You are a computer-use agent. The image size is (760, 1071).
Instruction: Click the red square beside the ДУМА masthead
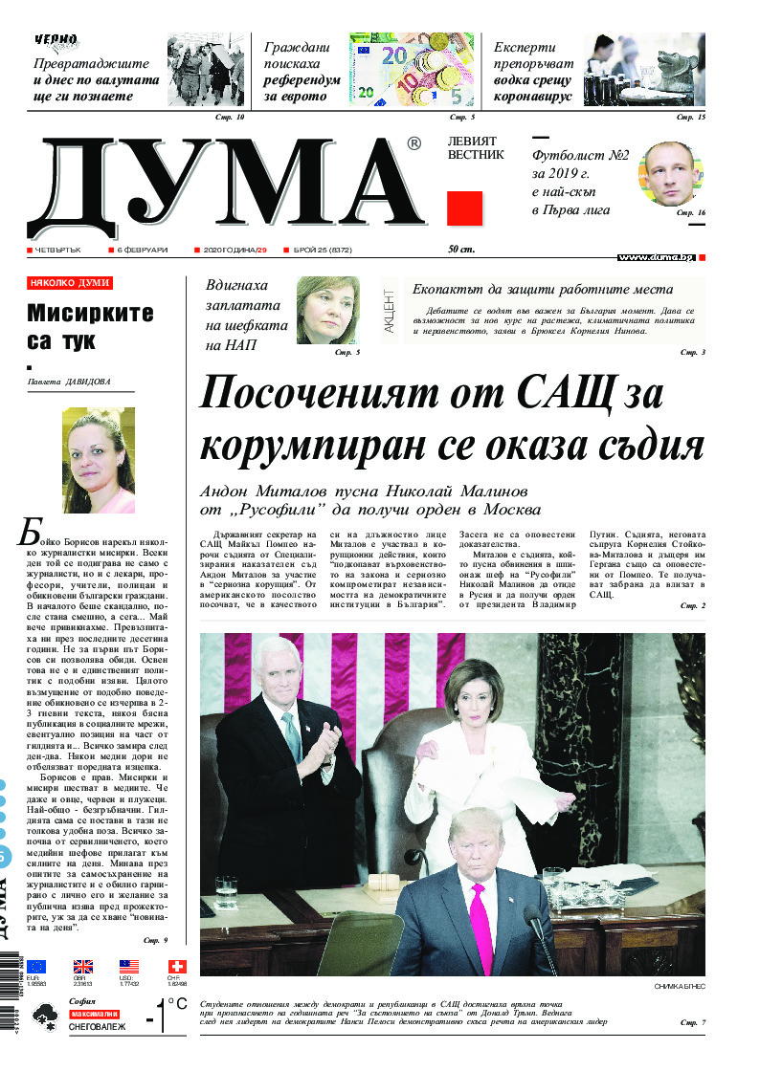coord(464,208)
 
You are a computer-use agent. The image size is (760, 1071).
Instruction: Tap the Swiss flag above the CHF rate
coord(175,967)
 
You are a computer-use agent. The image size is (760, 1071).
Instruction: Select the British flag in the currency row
coord(83,967)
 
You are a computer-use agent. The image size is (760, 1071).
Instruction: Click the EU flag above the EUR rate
coord(36,967)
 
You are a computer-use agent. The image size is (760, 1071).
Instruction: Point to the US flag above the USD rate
coord(129,967)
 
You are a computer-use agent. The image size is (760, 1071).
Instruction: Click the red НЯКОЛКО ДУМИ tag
coord(70,283)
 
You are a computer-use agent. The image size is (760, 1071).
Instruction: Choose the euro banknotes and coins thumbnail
coord(412,69)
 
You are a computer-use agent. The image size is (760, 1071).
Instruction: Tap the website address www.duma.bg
coord(656,257)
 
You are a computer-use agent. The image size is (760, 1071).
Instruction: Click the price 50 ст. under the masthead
coord(461,250)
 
